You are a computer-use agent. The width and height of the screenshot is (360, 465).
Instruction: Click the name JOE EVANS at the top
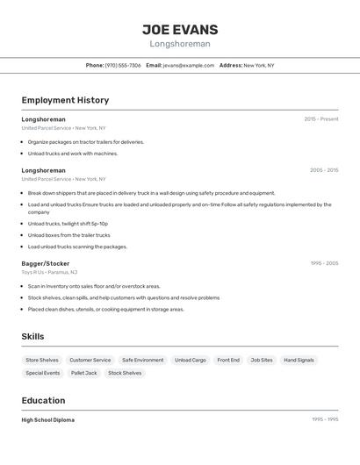(x=180, y=29)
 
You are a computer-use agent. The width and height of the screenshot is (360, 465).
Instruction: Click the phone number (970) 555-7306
(x=123, y=65)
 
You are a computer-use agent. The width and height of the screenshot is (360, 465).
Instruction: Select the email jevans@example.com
(x=189, y=65)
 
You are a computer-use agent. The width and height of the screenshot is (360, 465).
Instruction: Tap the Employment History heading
(x=65, y=100)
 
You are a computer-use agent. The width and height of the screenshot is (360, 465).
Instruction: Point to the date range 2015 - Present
(x=320, y=119)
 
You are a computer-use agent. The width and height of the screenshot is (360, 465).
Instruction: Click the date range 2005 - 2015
(x=323, y=170)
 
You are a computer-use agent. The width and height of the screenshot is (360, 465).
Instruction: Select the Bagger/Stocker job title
(x=46, y=263)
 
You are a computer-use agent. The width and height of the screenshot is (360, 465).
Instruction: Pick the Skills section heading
(x=33, y=336)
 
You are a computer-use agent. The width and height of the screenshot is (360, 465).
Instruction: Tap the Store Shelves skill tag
(x=42, y=360)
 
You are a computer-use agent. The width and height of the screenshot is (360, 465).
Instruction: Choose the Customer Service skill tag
(x=90, y=360)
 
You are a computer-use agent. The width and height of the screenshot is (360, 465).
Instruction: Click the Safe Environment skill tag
(x=142, y=360)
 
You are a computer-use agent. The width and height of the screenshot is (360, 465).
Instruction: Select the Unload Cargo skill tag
(x=191, y=360)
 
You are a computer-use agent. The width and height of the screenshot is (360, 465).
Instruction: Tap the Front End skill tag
(x=228, y=360)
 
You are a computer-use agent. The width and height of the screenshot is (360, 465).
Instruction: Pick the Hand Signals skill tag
(x=299, y=360)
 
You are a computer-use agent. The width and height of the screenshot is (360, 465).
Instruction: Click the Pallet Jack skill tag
(x=84, y=373)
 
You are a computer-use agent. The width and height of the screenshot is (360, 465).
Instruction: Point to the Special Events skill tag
(x=43, y=373)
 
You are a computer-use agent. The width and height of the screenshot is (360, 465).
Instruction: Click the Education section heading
(x=43, y=400)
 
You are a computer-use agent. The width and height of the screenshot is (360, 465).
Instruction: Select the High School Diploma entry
(x=48, y=420)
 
